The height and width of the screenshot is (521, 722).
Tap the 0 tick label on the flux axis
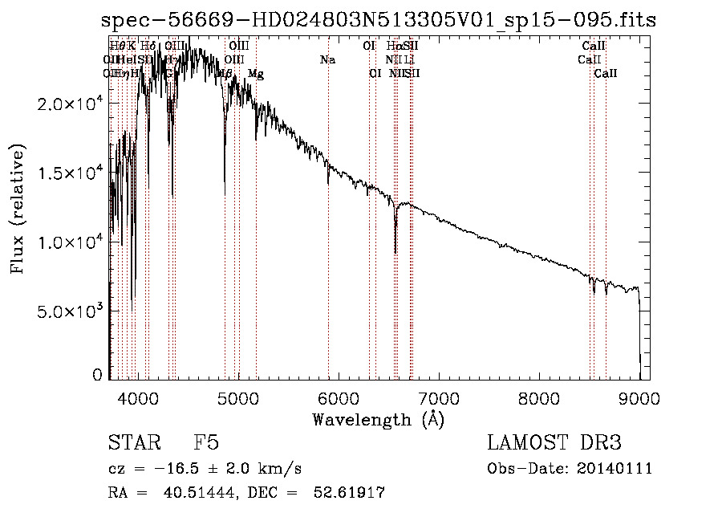coord(97,374)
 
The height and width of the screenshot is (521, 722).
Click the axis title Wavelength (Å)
coord(378,419)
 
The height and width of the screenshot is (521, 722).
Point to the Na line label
coord(327,60)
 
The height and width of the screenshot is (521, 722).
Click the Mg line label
coord(256,74)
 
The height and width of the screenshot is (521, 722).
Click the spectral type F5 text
coord(206,443)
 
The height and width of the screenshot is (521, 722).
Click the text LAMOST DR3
coord(554,443)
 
